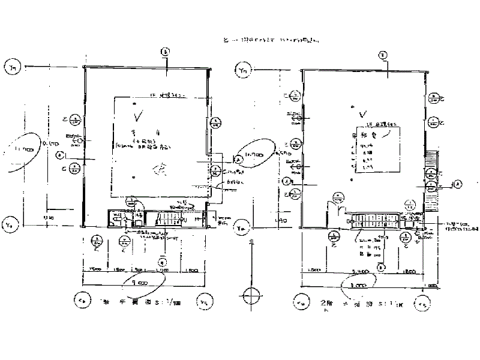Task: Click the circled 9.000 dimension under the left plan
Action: coord(139,280)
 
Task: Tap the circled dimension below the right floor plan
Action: coord(359,285)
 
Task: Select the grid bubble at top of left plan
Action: coord(166,52)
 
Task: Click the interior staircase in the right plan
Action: coord(375,220)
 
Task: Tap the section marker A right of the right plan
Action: coord(457,184)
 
